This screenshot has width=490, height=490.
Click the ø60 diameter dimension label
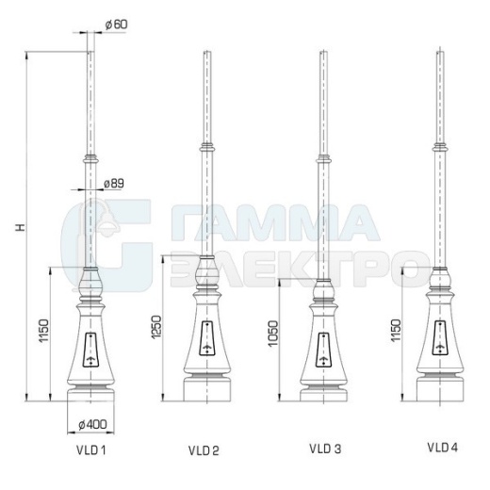pos(116,24)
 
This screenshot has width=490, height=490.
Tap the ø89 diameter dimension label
pos(114,184)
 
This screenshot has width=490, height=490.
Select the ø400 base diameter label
pos(92,425)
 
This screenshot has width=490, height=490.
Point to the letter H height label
pos(20,227)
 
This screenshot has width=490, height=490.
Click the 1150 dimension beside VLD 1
pos(43,331)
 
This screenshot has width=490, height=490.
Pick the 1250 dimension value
pos(156,327)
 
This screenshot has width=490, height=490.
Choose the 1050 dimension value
pos(273,334)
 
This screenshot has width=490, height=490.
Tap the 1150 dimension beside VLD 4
pos(396,331)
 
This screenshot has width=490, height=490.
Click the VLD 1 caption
pos(90,450)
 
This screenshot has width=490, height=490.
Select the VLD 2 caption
pos(204,450)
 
